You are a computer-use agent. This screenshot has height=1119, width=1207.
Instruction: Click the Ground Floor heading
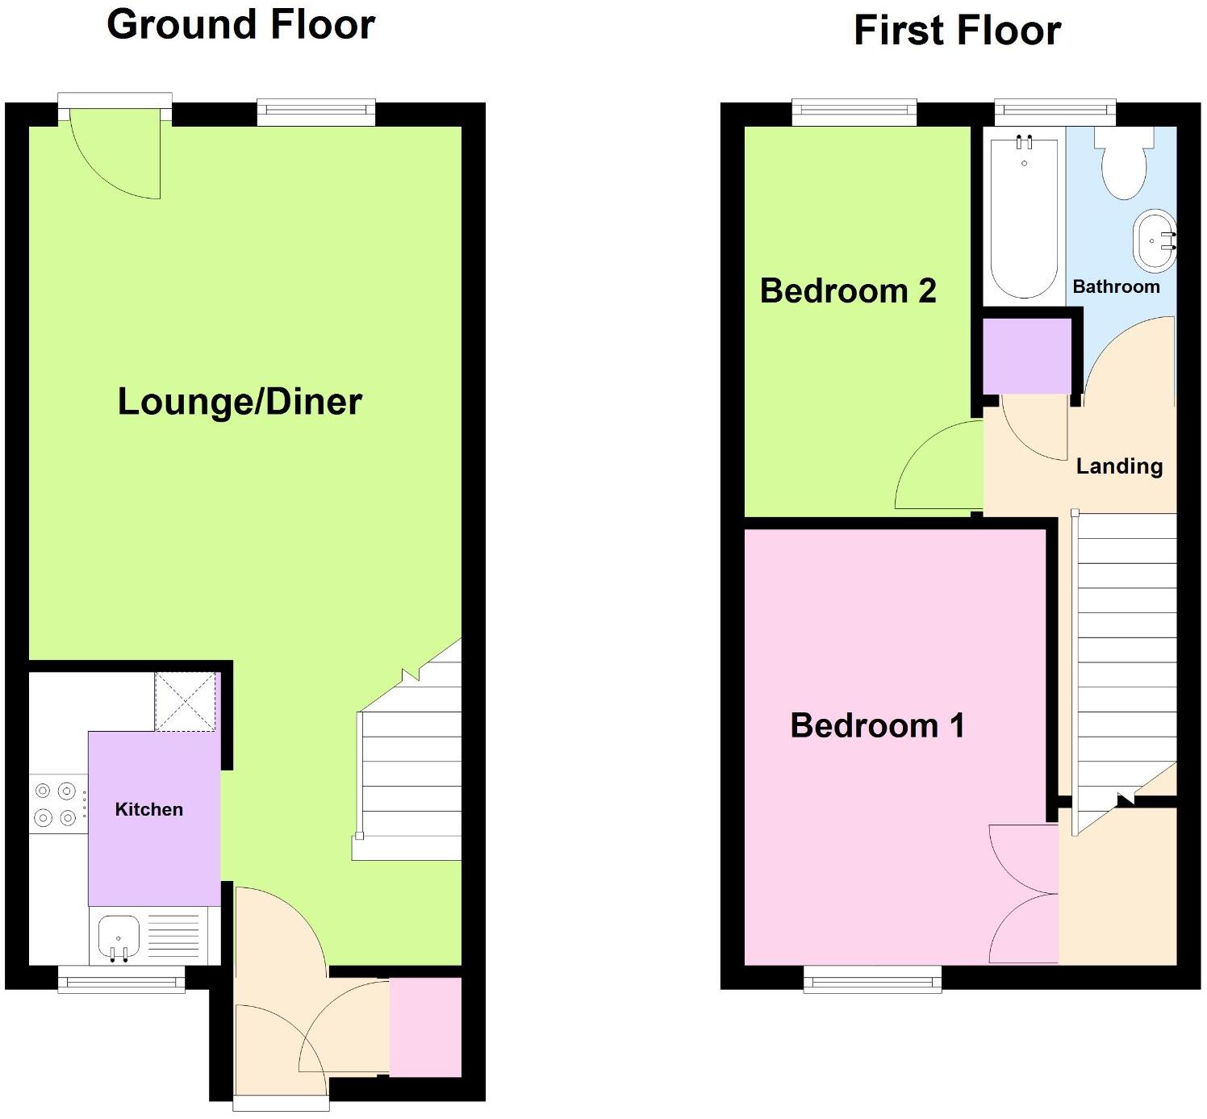coord(240,24)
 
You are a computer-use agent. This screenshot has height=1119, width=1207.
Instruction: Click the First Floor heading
coord(957,31)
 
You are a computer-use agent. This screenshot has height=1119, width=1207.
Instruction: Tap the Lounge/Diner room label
coord(240,401)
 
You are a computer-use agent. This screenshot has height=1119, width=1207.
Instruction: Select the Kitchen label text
coord(148,809)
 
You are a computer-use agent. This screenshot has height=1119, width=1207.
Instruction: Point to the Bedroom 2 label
coord(847,290)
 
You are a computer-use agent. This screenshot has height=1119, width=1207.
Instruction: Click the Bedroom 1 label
coord(877,725)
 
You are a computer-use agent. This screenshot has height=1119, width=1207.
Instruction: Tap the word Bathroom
coord(1116,286)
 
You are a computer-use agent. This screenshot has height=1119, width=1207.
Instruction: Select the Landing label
coord(1119,466)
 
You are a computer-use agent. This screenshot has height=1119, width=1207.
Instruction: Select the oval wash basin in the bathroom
coord(1155,240)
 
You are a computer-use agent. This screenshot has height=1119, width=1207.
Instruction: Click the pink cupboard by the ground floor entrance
coord(425,1027)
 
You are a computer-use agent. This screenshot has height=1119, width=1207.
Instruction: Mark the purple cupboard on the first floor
coord(1027,356)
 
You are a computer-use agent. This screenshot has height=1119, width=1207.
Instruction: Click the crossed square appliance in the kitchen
coord(186,701)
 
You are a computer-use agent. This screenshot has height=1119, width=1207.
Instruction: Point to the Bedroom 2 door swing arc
coord(936,468)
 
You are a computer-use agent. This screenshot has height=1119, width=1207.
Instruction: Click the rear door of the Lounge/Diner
coord(115,153)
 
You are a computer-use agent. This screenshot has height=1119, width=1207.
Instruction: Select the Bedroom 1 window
coord(872,979)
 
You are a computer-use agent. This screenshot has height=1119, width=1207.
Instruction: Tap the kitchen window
coord(121,979)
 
